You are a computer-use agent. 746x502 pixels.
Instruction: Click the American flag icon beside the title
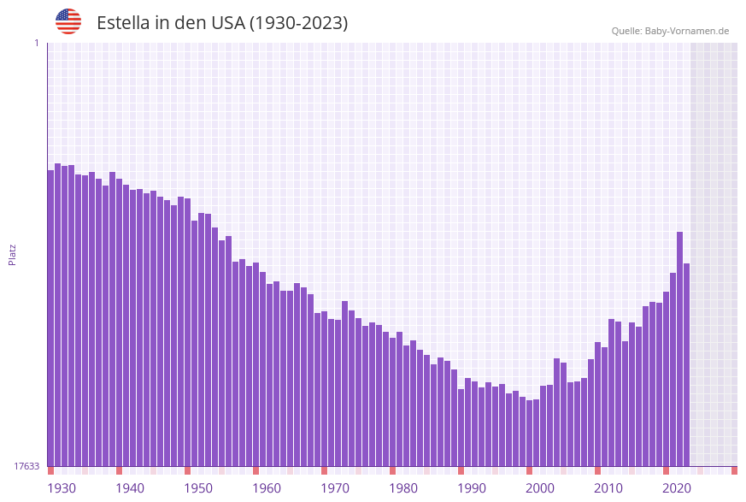pos(68,21)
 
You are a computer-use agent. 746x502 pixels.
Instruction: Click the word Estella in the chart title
pos(123,23)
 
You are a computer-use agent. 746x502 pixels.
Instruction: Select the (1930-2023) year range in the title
pos(298,23)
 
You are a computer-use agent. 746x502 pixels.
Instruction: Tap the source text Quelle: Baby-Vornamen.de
pos(670,31)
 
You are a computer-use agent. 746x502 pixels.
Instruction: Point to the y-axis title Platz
pos(13,254)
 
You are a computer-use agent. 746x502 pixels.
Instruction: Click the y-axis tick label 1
pos(36,43)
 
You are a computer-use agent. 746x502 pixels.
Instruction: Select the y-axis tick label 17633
pos(26,466)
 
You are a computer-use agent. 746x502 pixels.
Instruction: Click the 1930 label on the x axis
pos(62,488)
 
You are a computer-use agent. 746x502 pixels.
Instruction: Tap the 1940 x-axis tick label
pos(130,488)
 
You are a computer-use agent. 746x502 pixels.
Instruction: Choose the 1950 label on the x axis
pos(198,488)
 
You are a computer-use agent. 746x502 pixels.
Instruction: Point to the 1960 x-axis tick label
pos(267,488)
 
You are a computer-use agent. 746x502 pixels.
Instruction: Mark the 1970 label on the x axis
pos(335,488)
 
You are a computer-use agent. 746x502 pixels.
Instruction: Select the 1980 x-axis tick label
pos(403,488)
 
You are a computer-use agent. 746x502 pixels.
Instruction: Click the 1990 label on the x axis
pos(472,488)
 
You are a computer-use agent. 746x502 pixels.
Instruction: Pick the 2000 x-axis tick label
pos(540,488)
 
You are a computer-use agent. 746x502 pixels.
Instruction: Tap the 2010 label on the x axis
pos(608,488)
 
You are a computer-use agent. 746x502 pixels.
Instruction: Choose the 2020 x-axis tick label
pos(677,488)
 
